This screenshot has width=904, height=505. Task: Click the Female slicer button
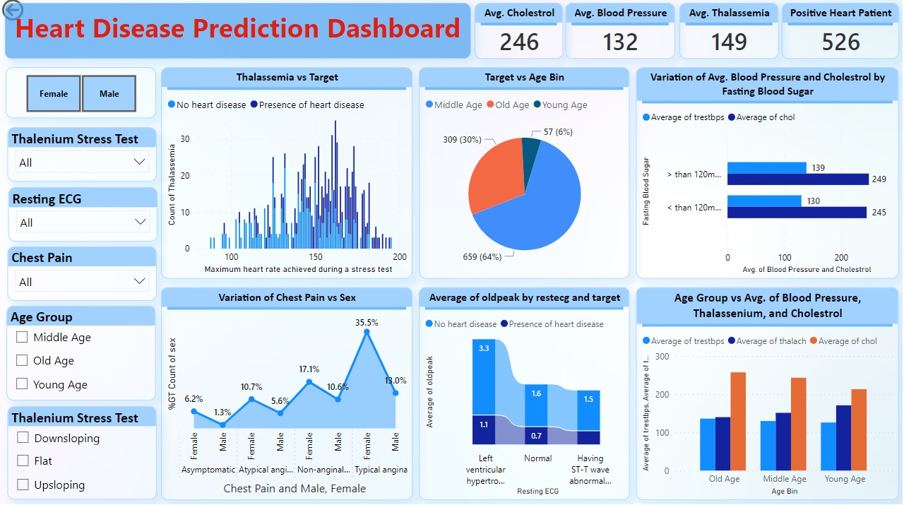click(x=54, y=93)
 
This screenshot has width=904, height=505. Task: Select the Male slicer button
click(x=109, y=93)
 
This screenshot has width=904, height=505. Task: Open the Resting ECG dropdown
click(x=138, y=222)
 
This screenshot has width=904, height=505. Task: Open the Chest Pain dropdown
click(x=138, y=281)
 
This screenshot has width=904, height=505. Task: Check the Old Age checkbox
click(x=22, y=360)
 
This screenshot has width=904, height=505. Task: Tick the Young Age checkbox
click(x=22, y=384)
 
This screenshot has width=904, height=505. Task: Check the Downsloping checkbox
click(x=23, y=438)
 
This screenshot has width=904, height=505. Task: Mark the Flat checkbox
click(x=23, y=461)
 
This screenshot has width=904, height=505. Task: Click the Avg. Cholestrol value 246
click(x=519, y=42)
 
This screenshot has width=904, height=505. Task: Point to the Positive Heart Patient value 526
click(x=840, y=42)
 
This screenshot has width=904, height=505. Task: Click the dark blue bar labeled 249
click(x=797, y=179)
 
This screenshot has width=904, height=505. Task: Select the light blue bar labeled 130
click(x=764, y=201)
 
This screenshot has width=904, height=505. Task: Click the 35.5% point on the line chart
click(x=366, y=332)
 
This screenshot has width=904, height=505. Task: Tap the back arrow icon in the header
click(x=13, y=9)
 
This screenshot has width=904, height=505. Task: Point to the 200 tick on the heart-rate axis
click(x=400, y=257)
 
